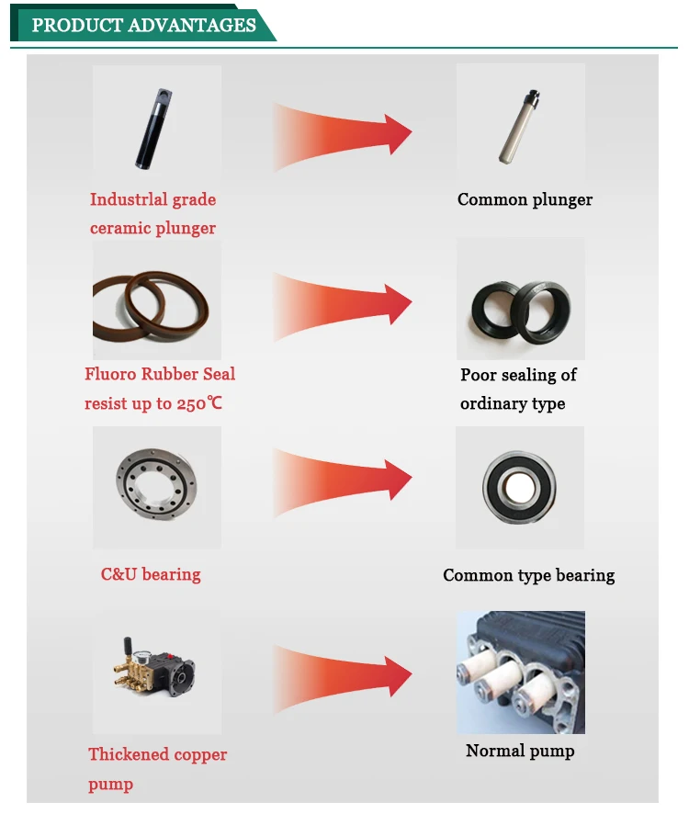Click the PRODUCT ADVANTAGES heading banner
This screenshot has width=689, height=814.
tap(143, 25)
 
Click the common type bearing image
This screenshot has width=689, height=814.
tap(520, 487)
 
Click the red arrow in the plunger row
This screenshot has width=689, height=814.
tap(343, 134)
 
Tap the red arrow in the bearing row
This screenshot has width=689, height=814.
tap(343, 481)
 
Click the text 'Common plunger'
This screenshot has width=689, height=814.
tap(525, 199)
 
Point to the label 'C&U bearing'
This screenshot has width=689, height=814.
tap(151, 574)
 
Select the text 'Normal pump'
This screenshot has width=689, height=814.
tap(520, 751)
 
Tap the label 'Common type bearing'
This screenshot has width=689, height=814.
tap(528, 575)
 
